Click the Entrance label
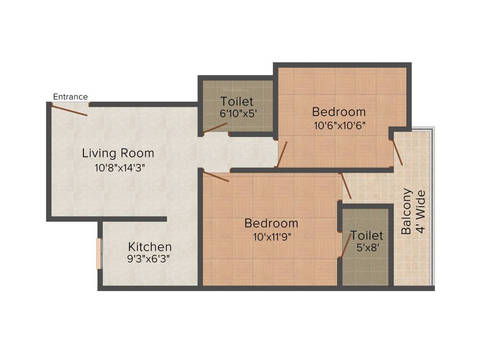pyautogui.click(x=70, y=97)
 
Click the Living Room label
pyautogui.click(x=118, y=153)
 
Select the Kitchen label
pyautogui.click(x=150, y=247)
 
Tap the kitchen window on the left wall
pyautogui.click(x=99, y=254)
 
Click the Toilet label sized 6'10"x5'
pyautogui.click(x=237, y=101)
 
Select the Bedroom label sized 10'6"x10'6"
pyautogui.click(x=339, y=112)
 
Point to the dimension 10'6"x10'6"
pyautogui.click(x=339, y=125)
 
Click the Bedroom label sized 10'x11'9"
pyautogui.click(x=271, y=223)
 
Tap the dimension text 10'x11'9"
pyautogui.click(x=271, y=236)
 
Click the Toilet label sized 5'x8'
pyautogui.click(x=367, y=235)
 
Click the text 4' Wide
pyautogui.click(x=421, y=212)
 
